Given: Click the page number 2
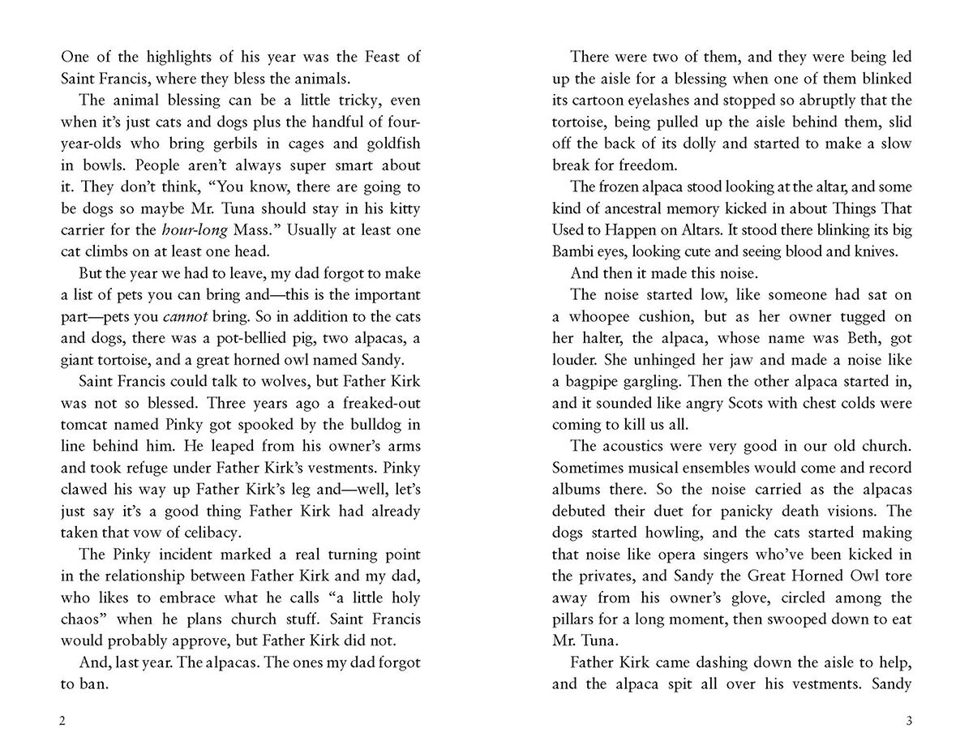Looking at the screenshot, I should point(64,721).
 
